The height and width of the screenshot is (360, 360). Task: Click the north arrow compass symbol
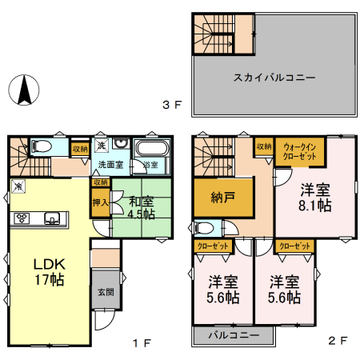click(25, 89)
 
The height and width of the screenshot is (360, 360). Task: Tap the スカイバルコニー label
click(274, 78)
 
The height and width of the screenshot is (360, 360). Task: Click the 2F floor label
click(338, 341)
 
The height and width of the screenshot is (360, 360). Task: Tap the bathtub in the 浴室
click(150, 150)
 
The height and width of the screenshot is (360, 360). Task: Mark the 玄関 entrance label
click(105, 294)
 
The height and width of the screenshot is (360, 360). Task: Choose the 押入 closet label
click(100, 202)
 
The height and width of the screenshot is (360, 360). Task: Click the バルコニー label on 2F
click(234, 334)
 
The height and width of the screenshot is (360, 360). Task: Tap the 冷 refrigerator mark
click(18, 186)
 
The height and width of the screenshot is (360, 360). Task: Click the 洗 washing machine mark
click(102, 146)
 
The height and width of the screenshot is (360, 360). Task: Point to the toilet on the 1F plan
click(42, 146)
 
